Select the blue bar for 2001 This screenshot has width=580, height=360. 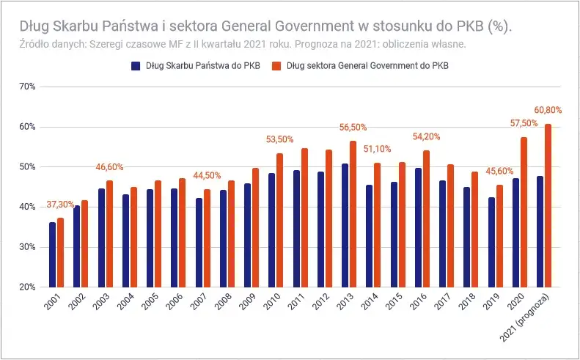52,254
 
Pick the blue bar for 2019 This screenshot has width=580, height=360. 491,242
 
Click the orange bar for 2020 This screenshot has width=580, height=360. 524,212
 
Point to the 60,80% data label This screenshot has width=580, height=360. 548,110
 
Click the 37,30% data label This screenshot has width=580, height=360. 60,204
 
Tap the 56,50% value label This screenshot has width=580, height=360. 353,127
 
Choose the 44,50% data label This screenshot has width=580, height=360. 207,175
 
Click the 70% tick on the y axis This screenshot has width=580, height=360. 36,87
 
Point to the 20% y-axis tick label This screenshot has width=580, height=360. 36,287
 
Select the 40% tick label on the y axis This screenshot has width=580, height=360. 36,207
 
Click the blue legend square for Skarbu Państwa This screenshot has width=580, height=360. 135,65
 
